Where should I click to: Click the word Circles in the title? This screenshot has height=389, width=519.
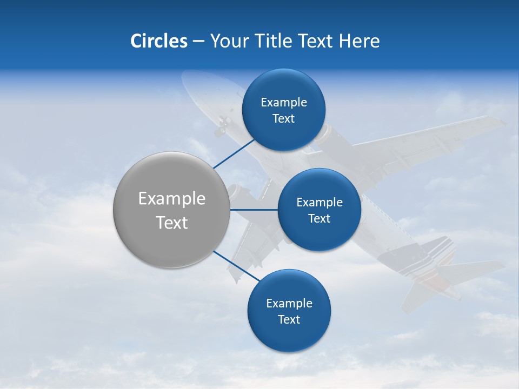click(158, 41)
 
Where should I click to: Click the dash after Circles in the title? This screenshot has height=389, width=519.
click(198, 42)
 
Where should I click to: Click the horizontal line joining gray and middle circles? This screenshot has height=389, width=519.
click(254, 210)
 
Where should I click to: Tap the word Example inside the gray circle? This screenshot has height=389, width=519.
click(171, 199)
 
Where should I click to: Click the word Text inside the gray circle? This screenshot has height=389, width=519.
click(171, 223)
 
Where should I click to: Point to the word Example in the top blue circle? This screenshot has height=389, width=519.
click(283, 103)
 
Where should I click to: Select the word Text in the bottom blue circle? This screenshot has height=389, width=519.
click(289, 319)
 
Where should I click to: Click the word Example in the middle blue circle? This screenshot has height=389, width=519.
click(319, 203)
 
